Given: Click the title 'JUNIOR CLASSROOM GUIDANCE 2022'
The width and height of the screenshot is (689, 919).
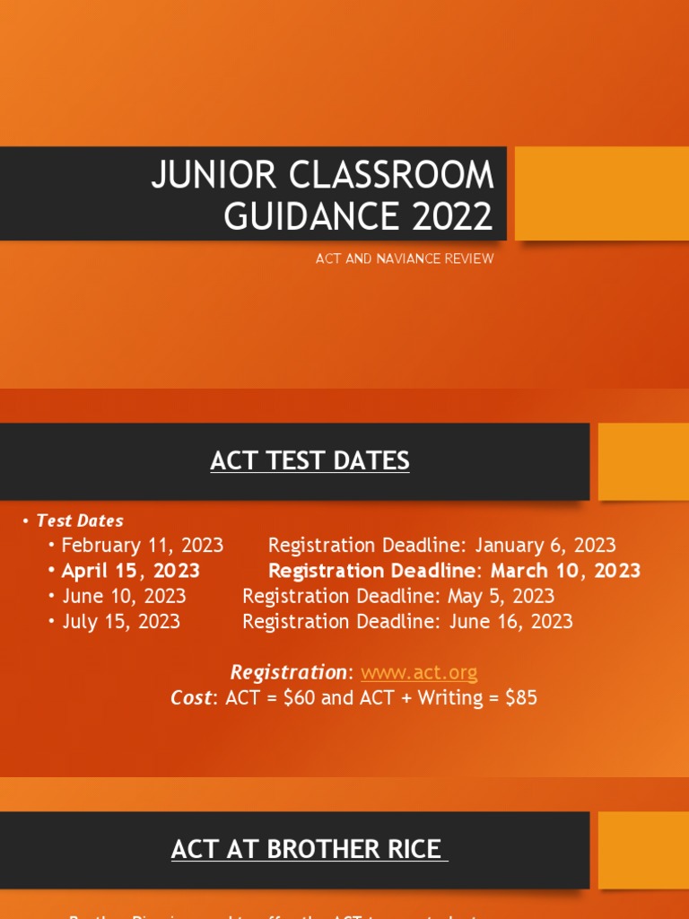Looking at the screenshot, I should tap(322, 195).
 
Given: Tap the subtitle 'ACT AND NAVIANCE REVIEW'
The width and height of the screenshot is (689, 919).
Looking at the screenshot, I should tap(404, 258).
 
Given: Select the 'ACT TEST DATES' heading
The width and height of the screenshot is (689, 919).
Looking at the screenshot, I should tap(310, 461).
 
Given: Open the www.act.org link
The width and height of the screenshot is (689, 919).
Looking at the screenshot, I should tap(419, 672).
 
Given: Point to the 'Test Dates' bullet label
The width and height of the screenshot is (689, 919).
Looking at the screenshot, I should tap(80, 521).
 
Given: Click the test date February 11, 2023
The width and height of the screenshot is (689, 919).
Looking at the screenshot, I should tap(142, 545).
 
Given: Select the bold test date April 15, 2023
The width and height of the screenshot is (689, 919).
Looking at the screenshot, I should tap(131, 571).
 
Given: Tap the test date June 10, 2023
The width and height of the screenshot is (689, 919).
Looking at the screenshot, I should tap(124, 596).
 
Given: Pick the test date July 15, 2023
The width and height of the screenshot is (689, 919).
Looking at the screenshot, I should tap(121, 621).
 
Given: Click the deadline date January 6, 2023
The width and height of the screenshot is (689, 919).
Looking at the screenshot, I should tap(545, 545).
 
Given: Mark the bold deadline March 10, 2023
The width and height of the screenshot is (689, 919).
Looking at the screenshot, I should tap(565, 571).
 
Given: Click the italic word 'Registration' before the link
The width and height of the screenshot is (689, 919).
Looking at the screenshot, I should tap(287, 672).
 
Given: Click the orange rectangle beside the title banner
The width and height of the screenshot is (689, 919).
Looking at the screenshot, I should tap(602, 194).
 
